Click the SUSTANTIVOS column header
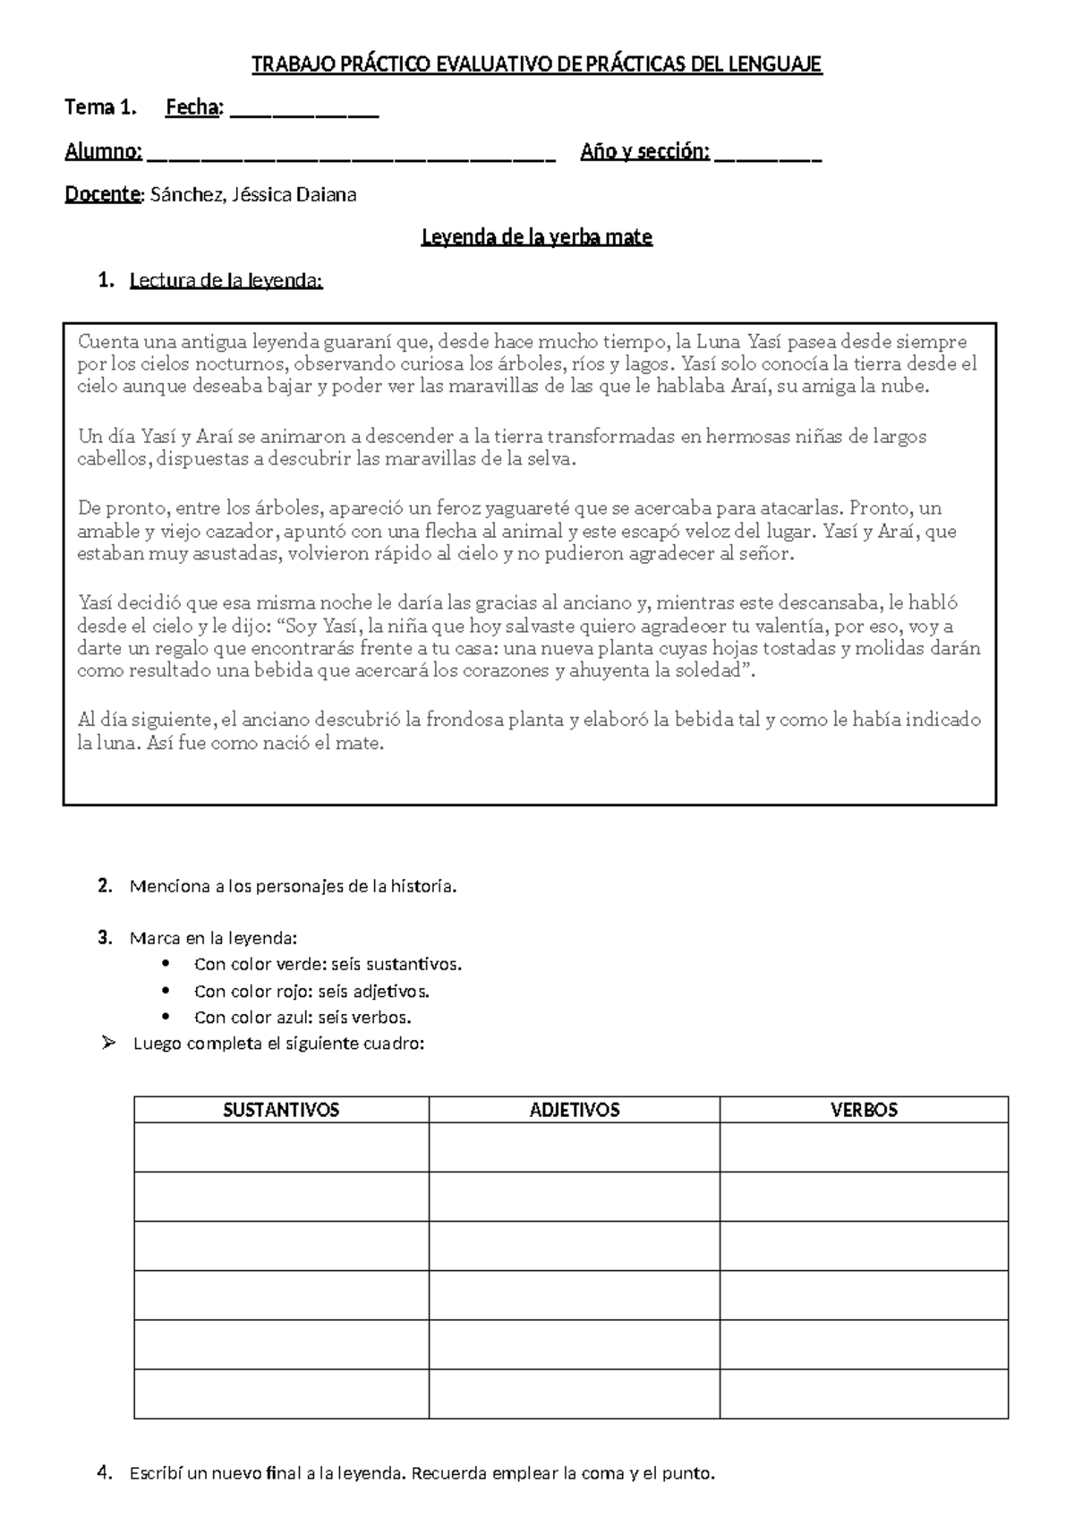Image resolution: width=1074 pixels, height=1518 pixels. click(281, 1110)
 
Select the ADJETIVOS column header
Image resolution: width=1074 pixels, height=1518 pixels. click(575, 1110)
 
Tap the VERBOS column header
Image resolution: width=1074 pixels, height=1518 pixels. click(864, 1110)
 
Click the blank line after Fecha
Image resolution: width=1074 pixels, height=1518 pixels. click(304, 111)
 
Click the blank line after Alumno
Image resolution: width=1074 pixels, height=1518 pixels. click(350, 155)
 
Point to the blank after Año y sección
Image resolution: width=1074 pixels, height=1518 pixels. click(768, 155)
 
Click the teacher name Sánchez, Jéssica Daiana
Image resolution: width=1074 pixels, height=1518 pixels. click(253, 195)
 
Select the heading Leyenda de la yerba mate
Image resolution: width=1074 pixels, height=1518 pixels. click(537, 237)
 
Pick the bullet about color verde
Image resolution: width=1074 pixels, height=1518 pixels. click(328, 965)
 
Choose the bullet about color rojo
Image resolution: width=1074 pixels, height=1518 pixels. click(311, 991)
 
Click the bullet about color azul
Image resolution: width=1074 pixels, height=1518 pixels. click(303, 1017)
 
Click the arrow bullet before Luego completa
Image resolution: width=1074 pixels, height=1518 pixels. click(109, 1043)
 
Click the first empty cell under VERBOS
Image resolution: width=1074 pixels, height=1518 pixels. click(864, 1147)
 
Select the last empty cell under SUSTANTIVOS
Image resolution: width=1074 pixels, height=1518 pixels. click(281, 1394)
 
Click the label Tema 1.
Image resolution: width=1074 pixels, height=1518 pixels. click(100, 108)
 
